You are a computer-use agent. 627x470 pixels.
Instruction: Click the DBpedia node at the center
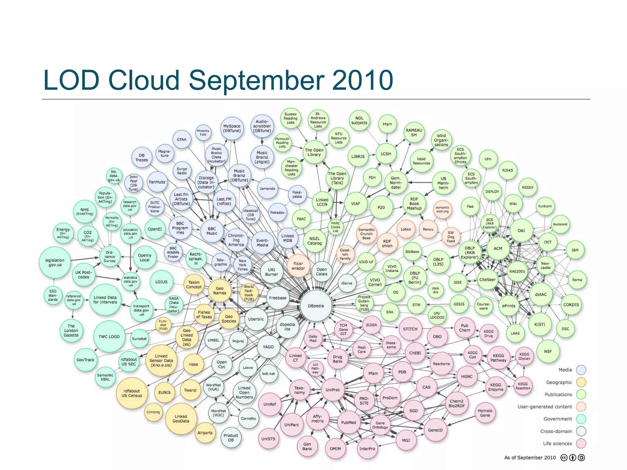(x=316, y=306)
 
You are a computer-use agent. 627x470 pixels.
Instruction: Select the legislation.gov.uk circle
(x=55, y=263)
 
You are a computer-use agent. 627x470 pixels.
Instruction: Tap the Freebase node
(x=278, y=298)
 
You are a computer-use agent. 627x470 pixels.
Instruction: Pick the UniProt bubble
(x=332, y=390)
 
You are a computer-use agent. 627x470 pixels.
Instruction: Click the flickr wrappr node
(x=298, y=266)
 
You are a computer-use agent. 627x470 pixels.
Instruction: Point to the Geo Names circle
(x=220, y=290)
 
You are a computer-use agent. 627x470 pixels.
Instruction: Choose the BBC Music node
(x=212, y=231)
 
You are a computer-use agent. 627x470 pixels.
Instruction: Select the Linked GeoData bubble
(x=181, y=419)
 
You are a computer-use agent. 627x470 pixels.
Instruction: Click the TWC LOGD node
(x=109, y=337)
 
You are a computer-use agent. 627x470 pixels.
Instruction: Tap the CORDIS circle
(x=571, y=305)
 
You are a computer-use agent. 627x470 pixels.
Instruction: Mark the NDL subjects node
(x=359, y=120)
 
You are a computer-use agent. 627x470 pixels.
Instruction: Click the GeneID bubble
(x=435, y=430)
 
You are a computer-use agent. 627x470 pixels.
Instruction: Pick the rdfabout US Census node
(x=132, y=393)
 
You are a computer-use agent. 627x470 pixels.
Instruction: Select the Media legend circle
(x=581, y=370)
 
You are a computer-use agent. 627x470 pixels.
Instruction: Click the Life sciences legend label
(x=557, y=443)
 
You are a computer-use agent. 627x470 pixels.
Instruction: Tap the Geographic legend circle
(x=581, y=382)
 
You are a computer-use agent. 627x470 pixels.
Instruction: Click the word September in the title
(x=257, y=80)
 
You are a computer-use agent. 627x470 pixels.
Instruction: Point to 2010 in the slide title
(x=362, y=80)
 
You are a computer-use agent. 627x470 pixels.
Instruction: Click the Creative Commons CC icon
(x=564, y=457)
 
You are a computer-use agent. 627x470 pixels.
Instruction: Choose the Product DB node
(x=231, y=438)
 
